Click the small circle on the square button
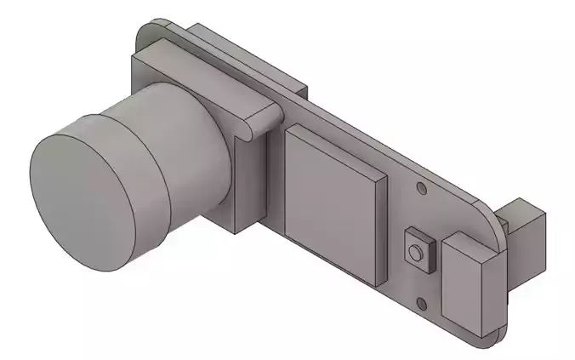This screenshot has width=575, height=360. click(415, 253)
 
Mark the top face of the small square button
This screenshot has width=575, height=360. click(421, 237)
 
